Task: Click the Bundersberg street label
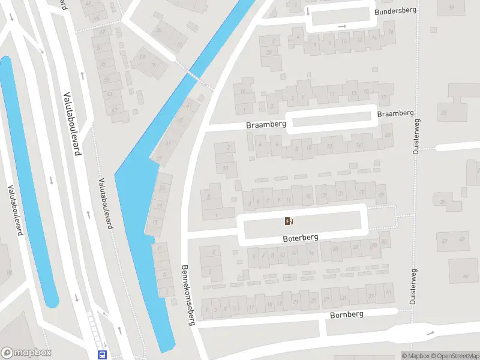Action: point(395,11)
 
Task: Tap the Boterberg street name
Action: point(301,238)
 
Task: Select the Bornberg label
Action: point(347,314)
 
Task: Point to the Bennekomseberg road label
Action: point(188,295)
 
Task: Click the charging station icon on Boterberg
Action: point(289,221)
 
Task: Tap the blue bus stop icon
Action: point(103,355)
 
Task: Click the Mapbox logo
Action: point(26,353)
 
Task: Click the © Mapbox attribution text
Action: point(413,356)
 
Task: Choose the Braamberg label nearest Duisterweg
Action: point(395,113)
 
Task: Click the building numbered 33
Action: point(444,112)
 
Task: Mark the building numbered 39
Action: point(451,7)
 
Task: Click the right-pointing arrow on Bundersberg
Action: point(343,26)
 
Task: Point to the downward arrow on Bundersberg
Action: point(308,11)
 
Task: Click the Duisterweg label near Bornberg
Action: point(413,287)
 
